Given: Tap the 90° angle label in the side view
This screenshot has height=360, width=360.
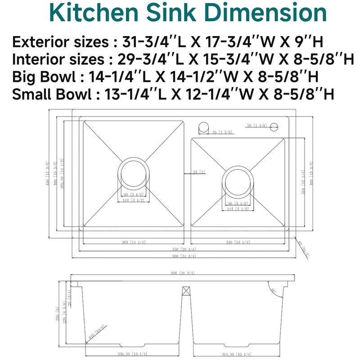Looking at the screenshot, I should tap(273, 291).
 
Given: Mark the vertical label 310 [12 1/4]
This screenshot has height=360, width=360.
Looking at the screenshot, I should tap(304, 184).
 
